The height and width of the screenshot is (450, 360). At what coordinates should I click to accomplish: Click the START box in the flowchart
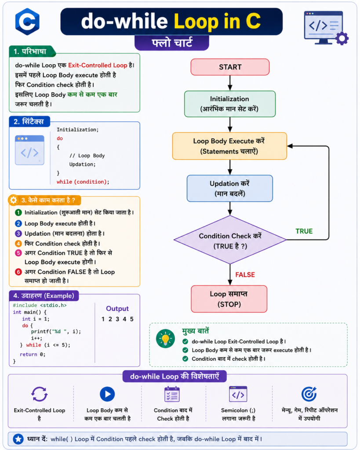(x=230, y=67)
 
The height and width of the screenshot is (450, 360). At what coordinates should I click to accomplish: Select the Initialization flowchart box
(x=229, y=104)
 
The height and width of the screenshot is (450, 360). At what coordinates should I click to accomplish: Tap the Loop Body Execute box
(x=229, y=146)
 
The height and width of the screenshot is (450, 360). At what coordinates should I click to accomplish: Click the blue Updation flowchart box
(x=229, y=189)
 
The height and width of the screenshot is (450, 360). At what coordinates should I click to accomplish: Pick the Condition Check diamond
(x=230, y=240)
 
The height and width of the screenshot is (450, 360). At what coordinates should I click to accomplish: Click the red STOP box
(x=229, y=299)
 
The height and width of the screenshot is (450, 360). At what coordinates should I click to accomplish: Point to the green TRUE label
(x=304, y=231)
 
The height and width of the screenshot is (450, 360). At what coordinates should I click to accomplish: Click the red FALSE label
(x=245, y=275)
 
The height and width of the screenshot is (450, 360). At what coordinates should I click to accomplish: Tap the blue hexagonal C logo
(x=27, y=22)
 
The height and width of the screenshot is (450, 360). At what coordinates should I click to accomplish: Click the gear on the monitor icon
(x=342, y=38)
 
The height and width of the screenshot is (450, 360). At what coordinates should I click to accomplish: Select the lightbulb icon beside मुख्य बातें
(x=165, y=339)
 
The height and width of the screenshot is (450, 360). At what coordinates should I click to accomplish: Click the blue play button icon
(x=107, y=394)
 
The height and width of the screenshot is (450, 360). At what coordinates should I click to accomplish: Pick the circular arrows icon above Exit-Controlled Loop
(x=39, y=394)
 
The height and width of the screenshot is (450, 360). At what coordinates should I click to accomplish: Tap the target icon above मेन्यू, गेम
(x=309, y=394)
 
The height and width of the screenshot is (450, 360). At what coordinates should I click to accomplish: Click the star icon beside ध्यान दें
(x=18, y=439)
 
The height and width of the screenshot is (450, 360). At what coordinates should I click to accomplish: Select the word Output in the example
(x=117, y=309)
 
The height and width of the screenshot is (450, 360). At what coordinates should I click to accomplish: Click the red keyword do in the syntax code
(x=60, y=138)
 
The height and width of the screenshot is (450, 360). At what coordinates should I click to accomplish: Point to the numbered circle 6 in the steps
(x=18, y=272)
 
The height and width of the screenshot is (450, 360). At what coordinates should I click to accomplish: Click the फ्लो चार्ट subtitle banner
(x=172, y=43)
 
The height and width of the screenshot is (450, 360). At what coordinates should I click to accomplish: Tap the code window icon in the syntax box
(x=29, y=150)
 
